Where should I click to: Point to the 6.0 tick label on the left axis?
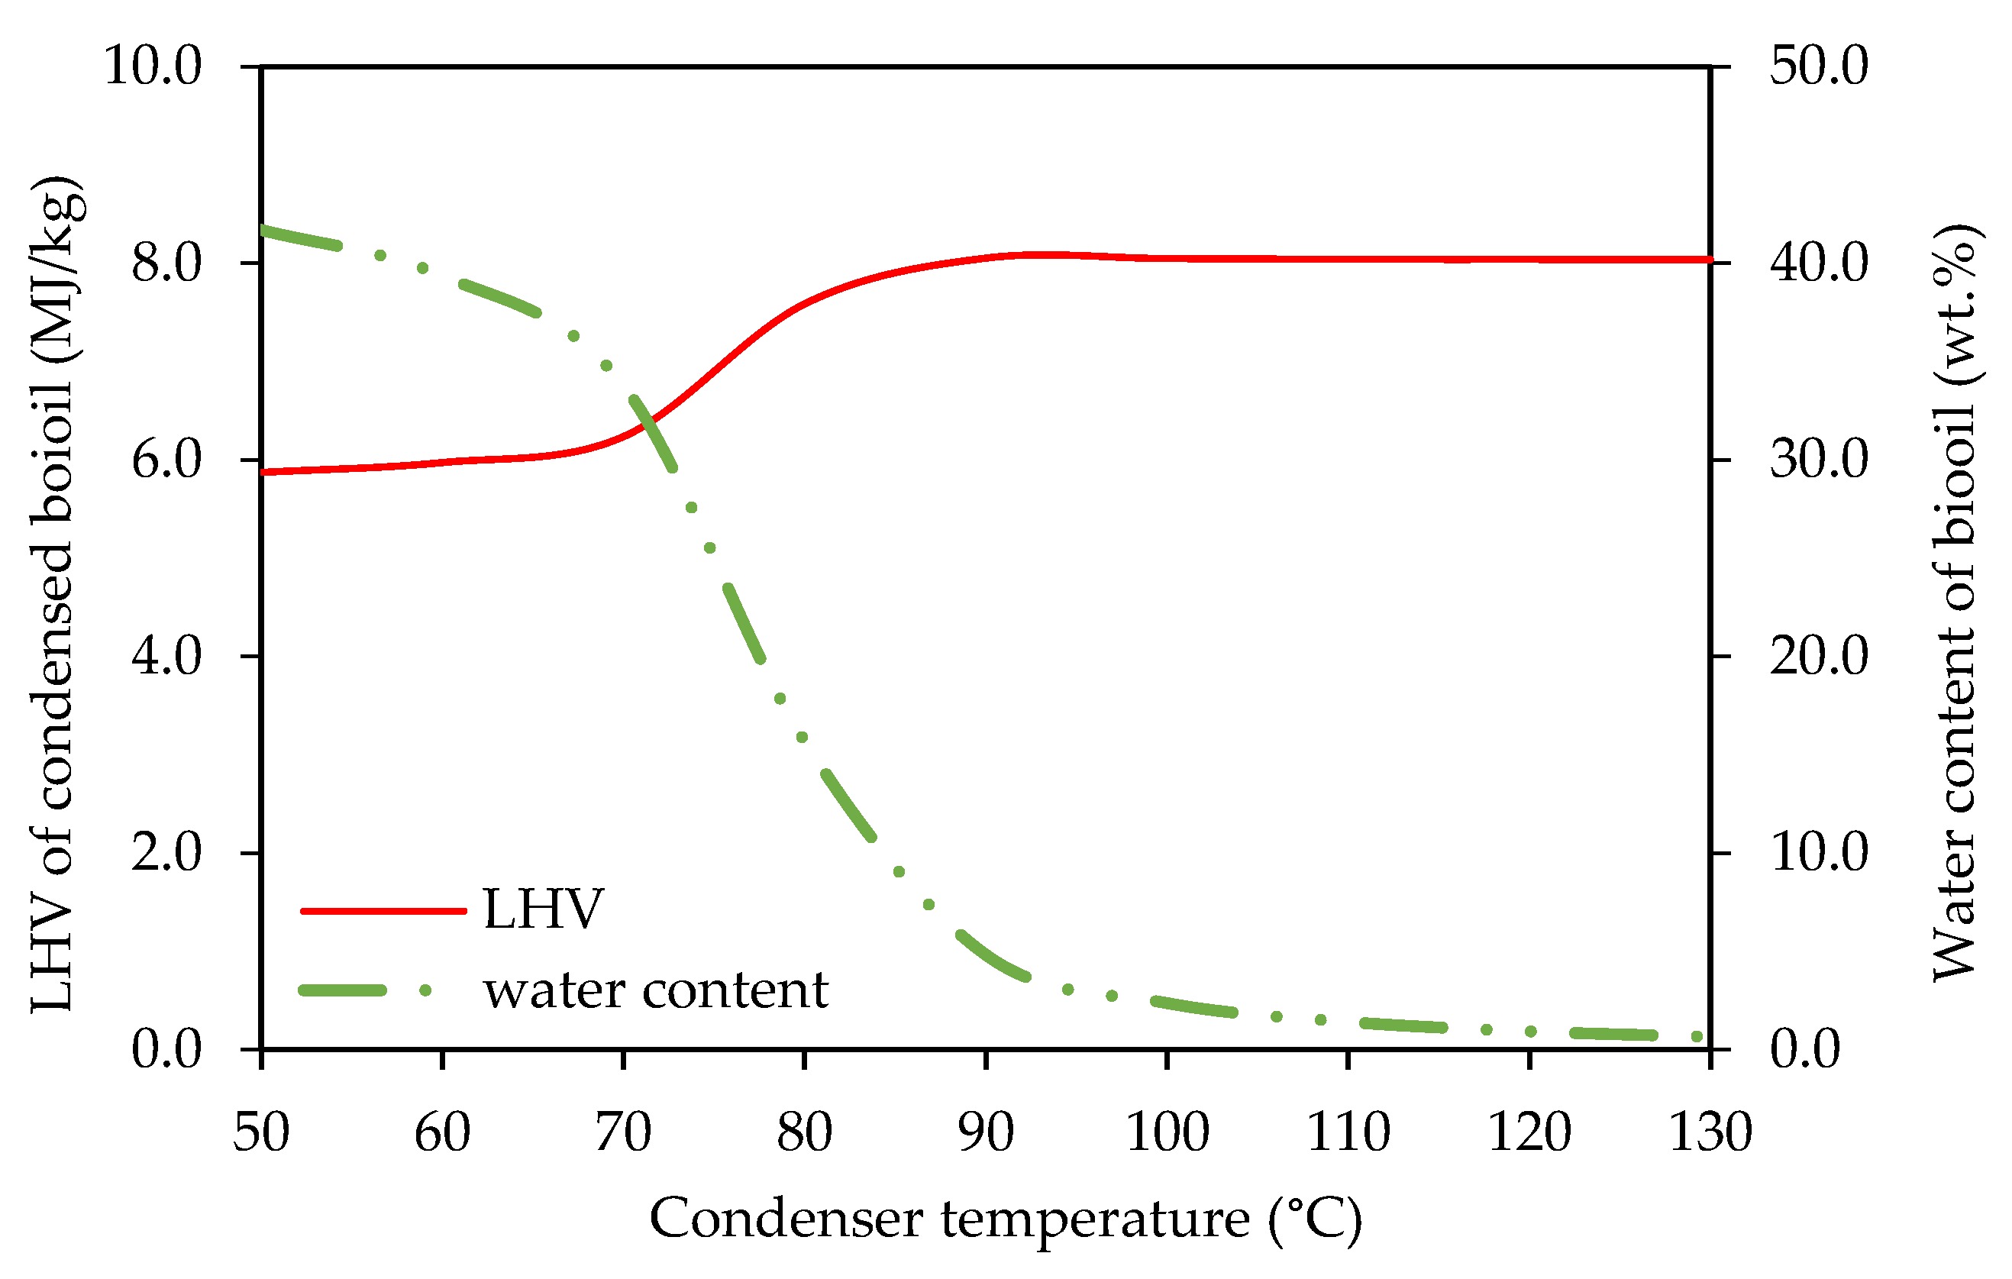(x=166, y=460)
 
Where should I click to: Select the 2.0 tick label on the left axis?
(x=166, y=852)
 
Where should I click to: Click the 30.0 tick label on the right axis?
(x=1818, y=460)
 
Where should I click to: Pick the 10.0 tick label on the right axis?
(x=1818, y=852)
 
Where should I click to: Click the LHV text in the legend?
(x=543, y=909)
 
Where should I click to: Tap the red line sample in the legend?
(x=383, y=911)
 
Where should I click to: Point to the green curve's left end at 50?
(x=264, y=230)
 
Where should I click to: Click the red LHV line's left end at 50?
(x=264, y=472)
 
